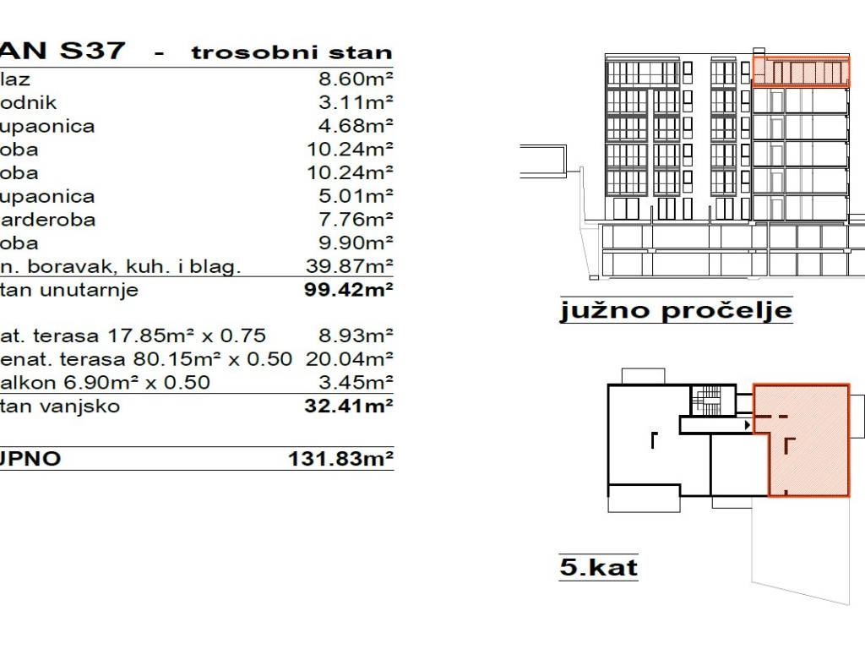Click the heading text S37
tap(93, 51)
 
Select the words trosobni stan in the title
tap(291, 52)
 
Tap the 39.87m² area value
tap(350, 268)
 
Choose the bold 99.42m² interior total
tap(349, 292)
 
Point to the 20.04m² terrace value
tap(349, 359)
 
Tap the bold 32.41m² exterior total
tap(349, 406)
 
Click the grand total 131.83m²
tap(341, 461)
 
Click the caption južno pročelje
tap(676, 311)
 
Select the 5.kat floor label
tap(598, 566)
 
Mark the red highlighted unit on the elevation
tap(799, 72)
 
